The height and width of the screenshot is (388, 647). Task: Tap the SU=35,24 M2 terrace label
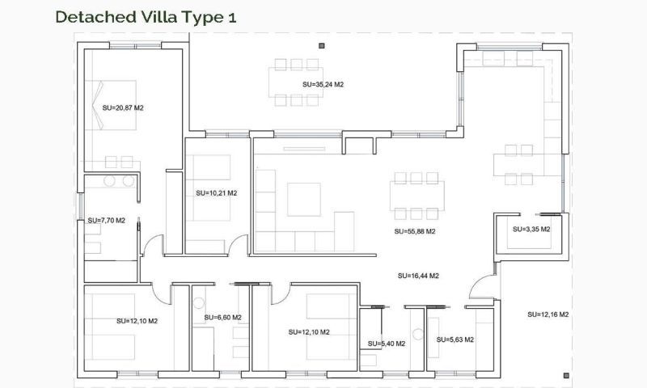pos(323,83)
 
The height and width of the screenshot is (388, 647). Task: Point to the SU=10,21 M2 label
pos(216,193)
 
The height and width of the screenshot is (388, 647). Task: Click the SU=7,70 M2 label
pos(106,220)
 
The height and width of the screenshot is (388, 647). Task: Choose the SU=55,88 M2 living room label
pos(415,231)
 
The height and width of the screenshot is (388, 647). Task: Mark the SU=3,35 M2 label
pos(531,229)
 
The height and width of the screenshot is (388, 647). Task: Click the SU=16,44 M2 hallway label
pos(418,276)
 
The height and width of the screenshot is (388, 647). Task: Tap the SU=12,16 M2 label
pos(548,314)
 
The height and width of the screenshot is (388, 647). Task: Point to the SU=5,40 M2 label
pos(385,344)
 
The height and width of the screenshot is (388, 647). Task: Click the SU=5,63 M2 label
pos(455,339)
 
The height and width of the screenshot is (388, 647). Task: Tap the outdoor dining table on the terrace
pos(295,82)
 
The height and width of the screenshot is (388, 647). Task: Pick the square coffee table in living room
pos(303,198)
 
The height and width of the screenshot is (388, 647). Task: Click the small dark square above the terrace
pos(321,45)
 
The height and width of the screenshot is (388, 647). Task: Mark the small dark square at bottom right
pos(566,375)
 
